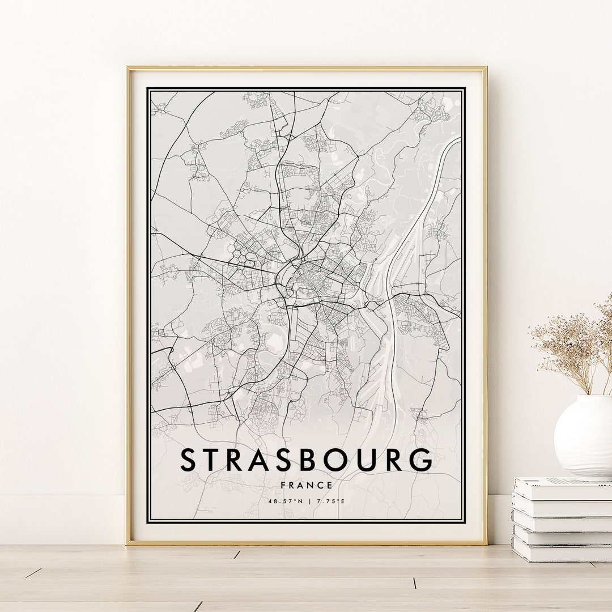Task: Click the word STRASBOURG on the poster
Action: (x=306, y=460)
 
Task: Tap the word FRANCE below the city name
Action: (x=306, y=485)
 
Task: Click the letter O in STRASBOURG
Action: (x=331, y=460)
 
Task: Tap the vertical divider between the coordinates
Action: (x=307, y=501)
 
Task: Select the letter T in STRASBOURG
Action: (x=216, y=460)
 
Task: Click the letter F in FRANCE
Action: (x=283, y=485)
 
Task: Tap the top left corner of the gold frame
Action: (x=128, y=69)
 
